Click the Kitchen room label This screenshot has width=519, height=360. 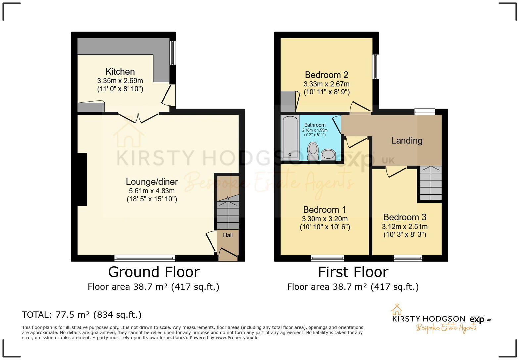point(120,72)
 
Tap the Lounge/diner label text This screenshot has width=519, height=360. point(152,182)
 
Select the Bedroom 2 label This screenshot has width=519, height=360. point(326,75)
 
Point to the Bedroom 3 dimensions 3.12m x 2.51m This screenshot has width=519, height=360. point(404,227)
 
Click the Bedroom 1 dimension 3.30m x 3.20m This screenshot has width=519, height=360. point(324,219)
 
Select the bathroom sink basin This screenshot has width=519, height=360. point(328,154)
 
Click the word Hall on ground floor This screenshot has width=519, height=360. point(228,235)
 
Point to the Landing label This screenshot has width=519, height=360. point(406,141)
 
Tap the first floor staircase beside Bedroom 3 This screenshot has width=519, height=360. point(431,183)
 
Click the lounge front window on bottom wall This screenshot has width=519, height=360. point(145,258)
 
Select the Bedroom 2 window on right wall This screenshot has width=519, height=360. point(375,67)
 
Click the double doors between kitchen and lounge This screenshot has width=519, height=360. point(138,118)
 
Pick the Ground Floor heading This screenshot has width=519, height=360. point(154,272)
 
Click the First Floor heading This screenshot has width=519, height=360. point(353,272)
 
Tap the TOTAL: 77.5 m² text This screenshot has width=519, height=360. point(82,315)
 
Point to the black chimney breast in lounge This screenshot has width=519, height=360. point(82,179)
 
